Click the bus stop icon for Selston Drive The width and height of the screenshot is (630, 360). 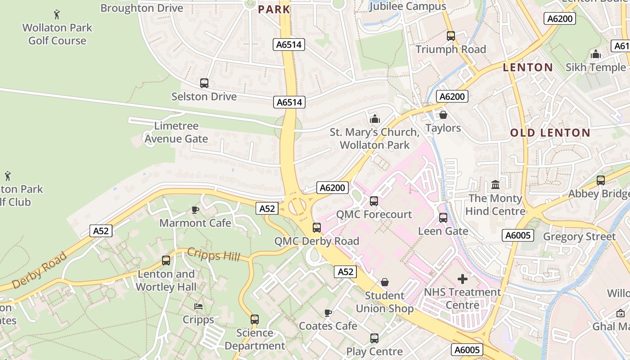(x=204, y=83)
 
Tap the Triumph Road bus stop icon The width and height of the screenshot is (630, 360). (x=451, y=36)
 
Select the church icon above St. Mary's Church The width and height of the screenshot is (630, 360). (x=374, y=119)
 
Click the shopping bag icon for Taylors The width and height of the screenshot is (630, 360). (x=443, y=115)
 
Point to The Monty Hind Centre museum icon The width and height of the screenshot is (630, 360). (x=495, y=185)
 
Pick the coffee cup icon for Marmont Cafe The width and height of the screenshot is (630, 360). (x=195, y=210)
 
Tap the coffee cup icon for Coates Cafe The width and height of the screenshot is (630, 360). (x=328, y=313)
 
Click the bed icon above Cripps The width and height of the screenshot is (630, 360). (x=198, y=306)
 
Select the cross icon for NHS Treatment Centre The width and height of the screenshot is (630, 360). (x=463, y=279)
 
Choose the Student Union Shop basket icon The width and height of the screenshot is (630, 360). (x=385, y=282)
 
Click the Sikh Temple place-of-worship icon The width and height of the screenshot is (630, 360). (x=596, y=54)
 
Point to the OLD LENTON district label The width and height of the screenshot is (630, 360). (x=550, y=133)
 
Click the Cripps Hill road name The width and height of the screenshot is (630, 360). (x=213, y=255)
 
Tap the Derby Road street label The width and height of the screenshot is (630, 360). (x=40, y=270)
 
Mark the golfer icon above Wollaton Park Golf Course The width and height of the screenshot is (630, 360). (x=57, y=14)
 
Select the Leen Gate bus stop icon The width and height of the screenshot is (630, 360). (x=443, y=218)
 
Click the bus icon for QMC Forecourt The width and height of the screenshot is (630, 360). (x=374, y=201)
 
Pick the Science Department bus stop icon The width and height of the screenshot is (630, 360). (x=255, y=319)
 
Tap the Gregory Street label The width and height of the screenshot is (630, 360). (x=579, y=237)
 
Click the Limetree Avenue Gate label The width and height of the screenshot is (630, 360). (x=176, y=132)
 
